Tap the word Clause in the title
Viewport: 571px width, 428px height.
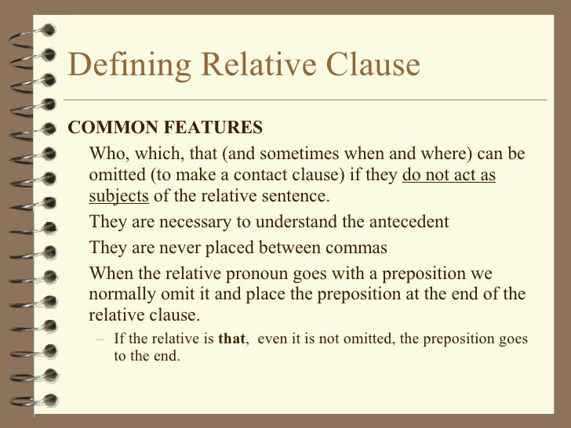tap(368, 66)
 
